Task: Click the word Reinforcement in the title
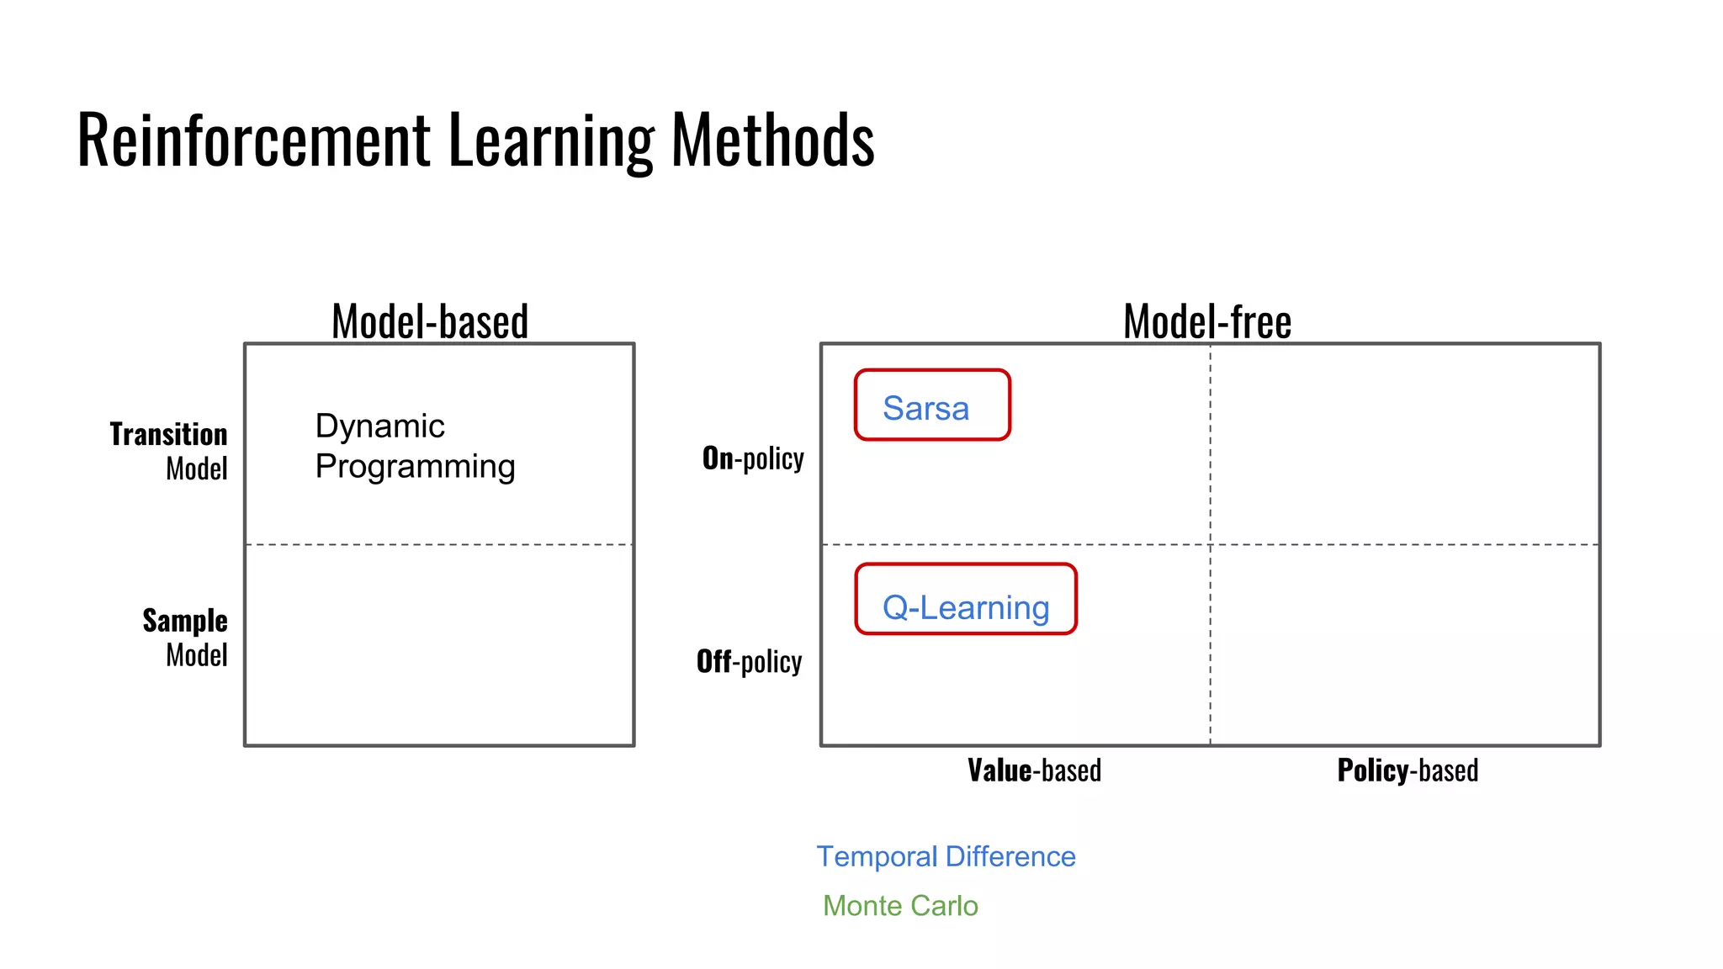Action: pyautogui.click(x=253, y=140)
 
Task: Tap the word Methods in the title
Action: pyautogui.click(x=772, y=140)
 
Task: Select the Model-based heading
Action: pyautogui.click(x=430, y=321)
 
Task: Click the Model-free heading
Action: pyautogui.click(x=1207, y=321)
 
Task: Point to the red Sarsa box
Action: pyautogui.click(x=932, y=405)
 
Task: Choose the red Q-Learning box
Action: pyautogui.click(x=966, y=599)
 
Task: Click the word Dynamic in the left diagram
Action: pyautogui.click(x=379, y=426)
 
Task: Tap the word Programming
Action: pyautogui.click(x=415, y=467)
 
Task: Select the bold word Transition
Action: pyautogui.click(x=168, y=434)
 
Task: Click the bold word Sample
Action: pyautogui.click(x=185, y=620)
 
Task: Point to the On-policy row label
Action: pyautogui.click(x=753, y=458)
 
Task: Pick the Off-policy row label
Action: pyautogui.click(x=749, y=661)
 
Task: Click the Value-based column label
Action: pyautogui.click(x=1034, y=770)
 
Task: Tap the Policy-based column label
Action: pyautogui.click(x=1408, y=770)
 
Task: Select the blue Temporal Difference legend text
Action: pyautogui.click(x=946, y=856)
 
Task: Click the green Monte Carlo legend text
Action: pyautogui.click(x=900, y=906)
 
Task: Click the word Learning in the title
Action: pyautogui.click(x=551, y=140)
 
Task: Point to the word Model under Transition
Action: pyautogui.click(x=197, y=469)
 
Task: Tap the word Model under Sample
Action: pyautogui.click(x=197, y=654)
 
